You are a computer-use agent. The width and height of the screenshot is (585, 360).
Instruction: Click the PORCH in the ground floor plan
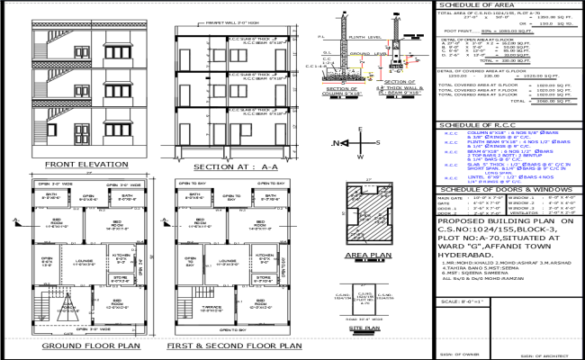point(49,319)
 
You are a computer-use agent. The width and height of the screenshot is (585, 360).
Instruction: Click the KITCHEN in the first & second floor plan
point(264,281)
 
